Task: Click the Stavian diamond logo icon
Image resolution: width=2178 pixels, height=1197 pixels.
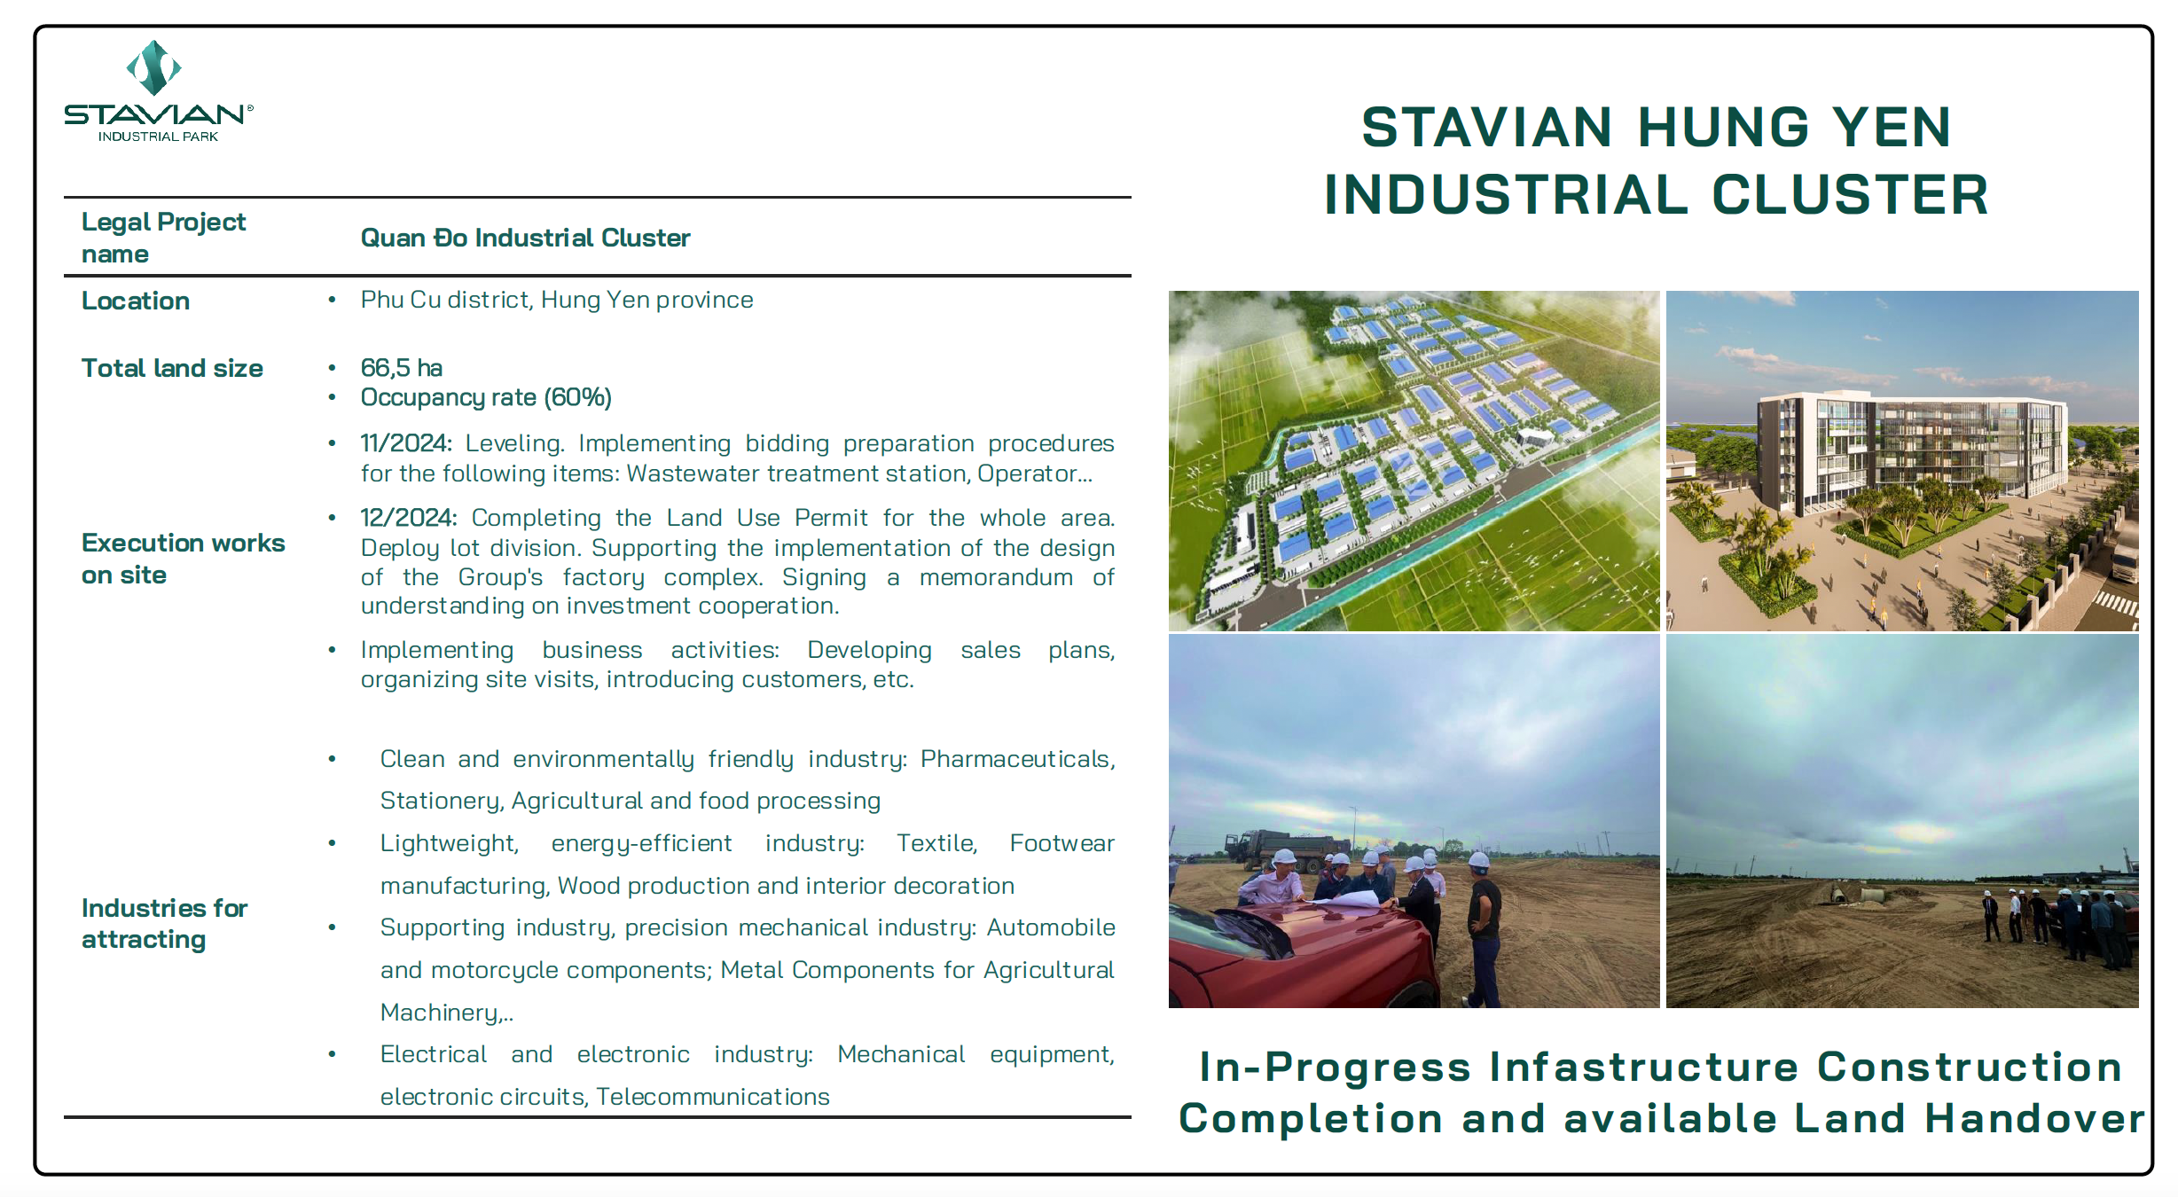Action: pyautogui.click(x=154, y=67)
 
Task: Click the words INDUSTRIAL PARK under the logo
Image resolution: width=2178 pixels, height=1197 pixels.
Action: pyautogui.click(x=158, y=137)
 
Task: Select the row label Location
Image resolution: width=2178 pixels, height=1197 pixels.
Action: pyautogui.click(x=136, y=301)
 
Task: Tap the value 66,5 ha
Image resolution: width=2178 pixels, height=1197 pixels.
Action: pyautogui.click(x=401, y=368)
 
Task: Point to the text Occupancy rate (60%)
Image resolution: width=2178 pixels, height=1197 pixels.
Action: pyautogui.click(x=486, y=397)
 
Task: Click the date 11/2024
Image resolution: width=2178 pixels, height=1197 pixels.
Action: pyautogui.click(x=406, y=443)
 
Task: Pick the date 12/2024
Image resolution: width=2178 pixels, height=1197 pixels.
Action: pyautogui.click(x=408, y=518)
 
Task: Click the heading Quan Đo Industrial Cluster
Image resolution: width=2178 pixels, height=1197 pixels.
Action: pyautogui.click(x=525, y=238)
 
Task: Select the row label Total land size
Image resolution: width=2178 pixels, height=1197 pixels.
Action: pyautogui.click(x=172, y=368)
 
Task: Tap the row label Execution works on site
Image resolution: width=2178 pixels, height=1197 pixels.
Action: pyautogui.click(x=184, y=559)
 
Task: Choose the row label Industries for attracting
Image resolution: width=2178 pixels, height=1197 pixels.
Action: pyautogui.click(x=165, y=923)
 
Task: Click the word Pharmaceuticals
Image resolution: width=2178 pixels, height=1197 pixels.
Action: pyautogui.click(x=1015, y=759)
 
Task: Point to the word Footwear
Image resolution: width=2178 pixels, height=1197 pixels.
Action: pyautogui.click(x=1062, y=843)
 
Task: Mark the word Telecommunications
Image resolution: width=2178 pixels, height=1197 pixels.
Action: pyautogui.click(x=713, y=1097)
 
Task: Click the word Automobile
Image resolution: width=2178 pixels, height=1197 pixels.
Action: pyautogui.click(x=1051, y=927)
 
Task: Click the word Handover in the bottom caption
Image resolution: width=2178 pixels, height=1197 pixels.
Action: pyautogui.click(x=2034, y=1118)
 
